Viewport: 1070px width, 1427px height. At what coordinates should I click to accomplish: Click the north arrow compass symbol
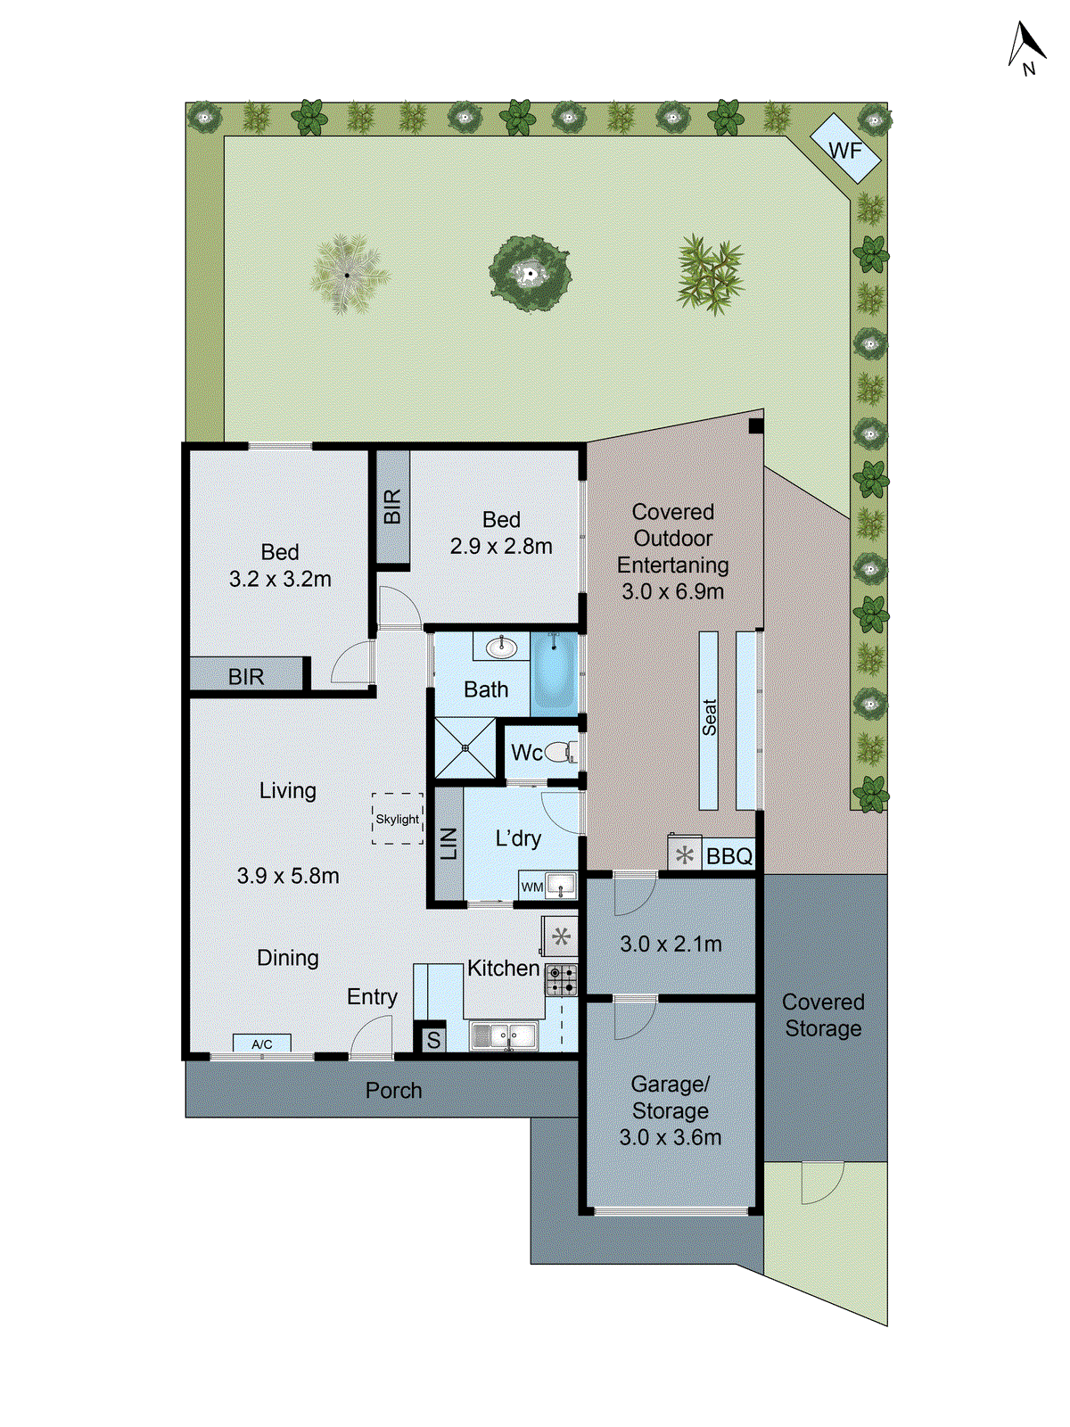[1026, 48]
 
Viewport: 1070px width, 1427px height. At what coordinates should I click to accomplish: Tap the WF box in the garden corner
[845, 150]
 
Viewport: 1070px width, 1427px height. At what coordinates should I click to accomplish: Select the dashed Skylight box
[397, 819]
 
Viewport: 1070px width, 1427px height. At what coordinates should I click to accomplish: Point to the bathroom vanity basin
[502, 648]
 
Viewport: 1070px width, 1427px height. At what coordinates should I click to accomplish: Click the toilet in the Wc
[561, 753]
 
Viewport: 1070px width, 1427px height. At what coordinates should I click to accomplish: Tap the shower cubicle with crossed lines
[465, 747]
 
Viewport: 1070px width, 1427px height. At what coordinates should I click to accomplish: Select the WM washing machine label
[532, 887]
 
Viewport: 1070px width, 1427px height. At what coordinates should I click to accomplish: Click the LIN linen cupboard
[449, 844]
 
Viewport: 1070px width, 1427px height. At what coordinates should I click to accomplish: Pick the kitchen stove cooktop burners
[561, 979]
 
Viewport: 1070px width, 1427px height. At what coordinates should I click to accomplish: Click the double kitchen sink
[504, 1035]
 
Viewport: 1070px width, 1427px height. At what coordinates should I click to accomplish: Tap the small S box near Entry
[433, 1040]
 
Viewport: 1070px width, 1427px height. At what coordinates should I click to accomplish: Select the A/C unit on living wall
[261, 1043]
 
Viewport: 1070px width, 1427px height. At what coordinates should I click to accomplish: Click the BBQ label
[728, 857]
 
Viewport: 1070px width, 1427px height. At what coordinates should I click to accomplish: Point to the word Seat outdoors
[709, 718]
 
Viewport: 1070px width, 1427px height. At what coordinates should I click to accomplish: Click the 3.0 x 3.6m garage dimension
[671, 1137]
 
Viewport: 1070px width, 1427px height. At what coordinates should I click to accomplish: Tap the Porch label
[393, 1090]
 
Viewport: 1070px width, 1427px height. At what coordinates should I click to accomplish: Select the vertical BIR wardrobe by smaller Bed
[391, 507]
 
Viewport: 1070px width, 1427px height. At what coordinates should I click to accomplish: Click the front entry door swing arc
[370, 1039]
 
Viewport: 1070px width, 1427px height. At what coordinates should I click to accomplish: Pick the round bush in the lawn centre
[530, 273]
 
